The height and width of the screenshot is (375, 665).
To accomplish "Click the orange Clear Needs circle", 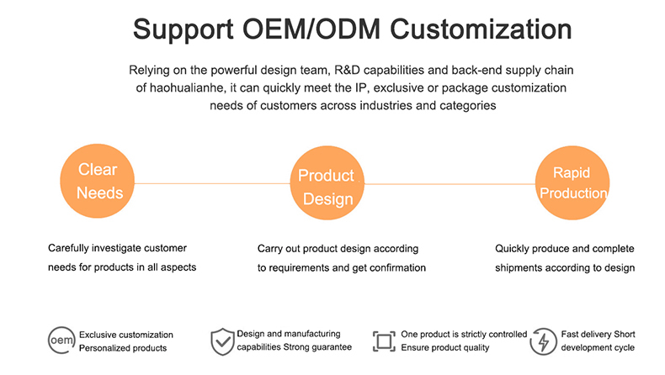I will tap(98, 181).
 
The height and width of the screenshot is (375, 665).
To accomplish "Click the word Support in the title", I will tap(182, 31).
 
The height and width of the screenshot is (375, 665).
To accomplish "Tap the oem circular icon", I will tap(61, 341).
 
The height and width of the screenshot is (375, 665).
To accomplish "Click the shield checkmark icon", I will tap(221, 341).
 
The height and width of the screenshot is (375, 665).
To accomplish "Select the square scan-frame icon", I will tap(384, 341).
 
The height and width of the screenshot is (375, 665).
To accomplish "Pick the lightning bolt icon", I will tap(543, 341).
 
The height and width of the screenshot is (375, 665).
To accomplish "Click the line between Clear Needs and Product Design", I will tap(210, 182).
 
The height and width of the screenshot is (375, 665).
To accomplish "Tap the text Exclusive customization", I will tap(125, 335).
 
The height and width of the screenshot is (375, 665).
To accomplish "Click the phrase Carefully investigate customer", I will tap(117, 249).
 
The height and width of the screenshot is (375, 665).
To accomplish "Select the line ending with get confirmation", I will tap(342, 268).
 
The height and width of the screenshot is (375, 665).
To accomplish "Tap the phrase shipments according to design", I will tap(564, 268).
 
